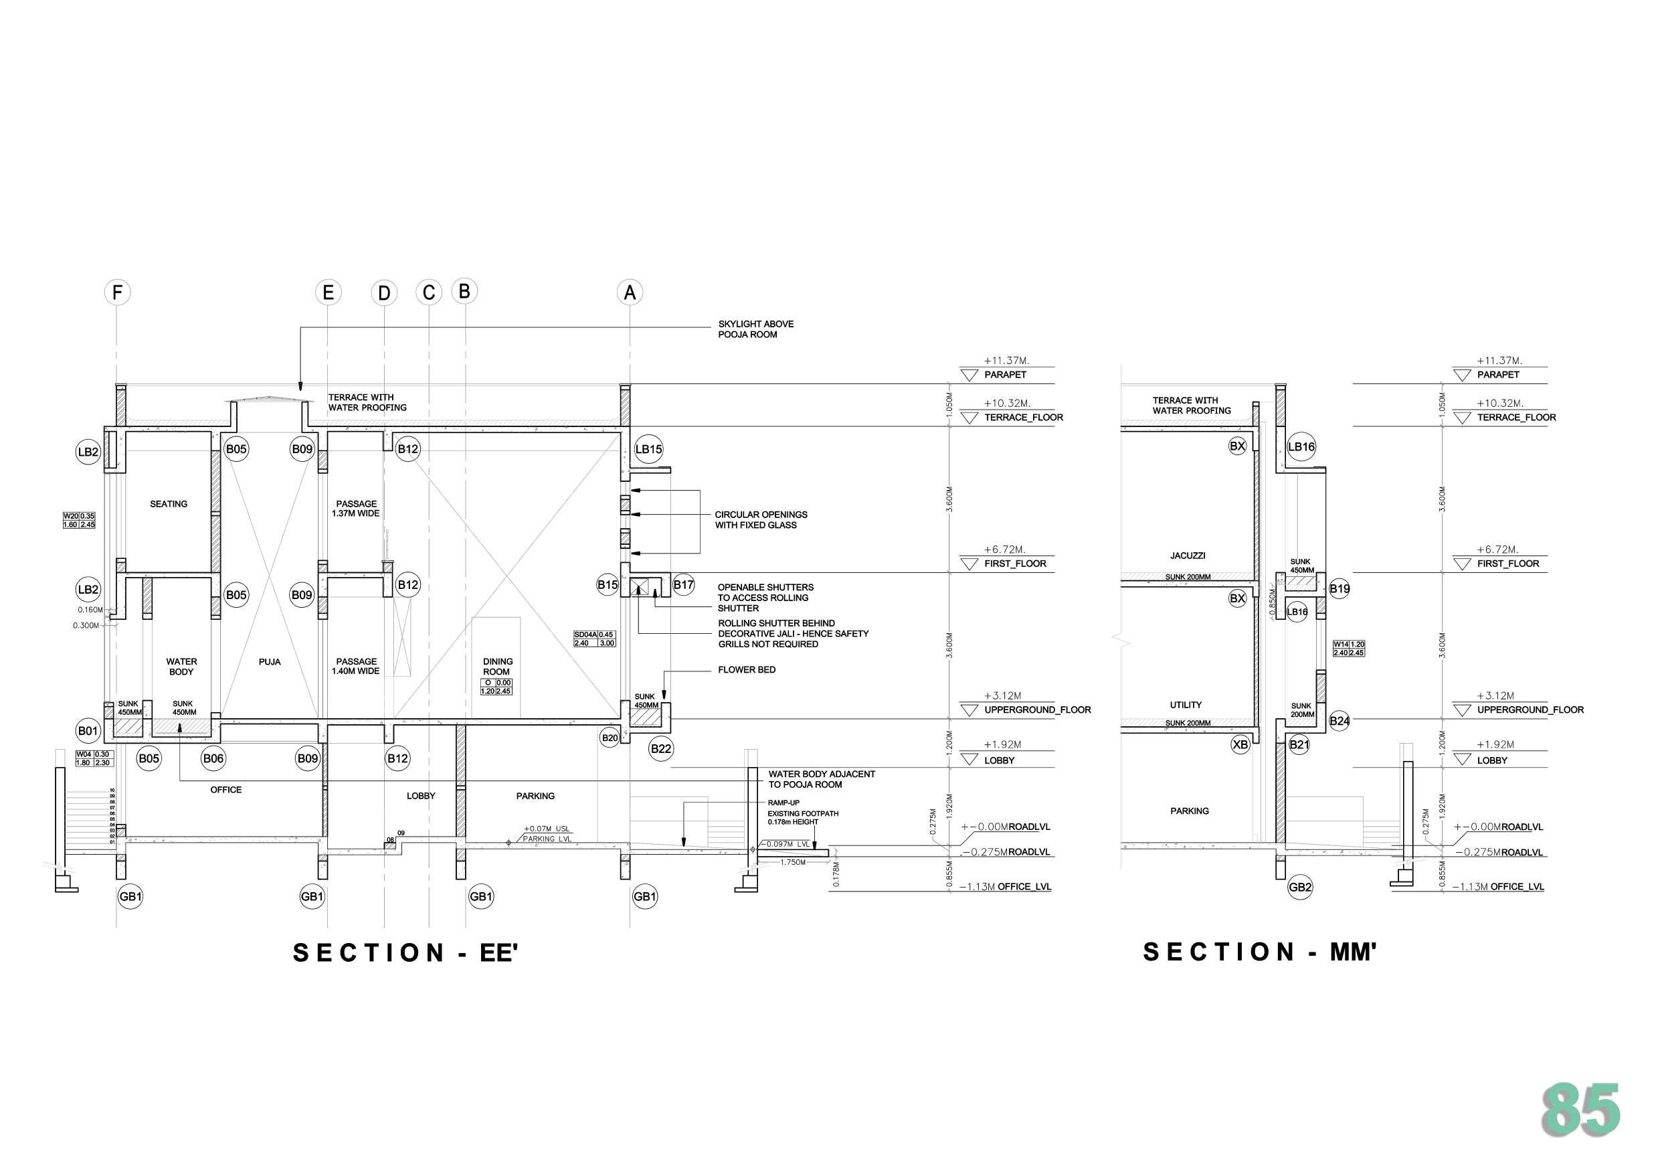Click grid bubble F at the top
[117, 293]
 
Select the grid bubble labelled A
[630, 293]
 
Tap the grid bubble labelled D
[384, 293]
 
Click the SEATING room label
[169, 504]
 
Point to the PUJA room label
[270, 662]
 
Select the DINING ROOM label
[497, 666]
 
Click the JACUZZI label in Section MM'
[1188, 556]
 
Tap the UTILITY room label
[1186, 705]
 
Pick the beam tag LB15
[648, 449]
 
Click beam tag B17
[683, 584]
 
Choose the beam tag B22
[661, 749]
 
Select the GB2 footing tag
[1300, 888]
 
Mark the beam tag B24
[1339, 720]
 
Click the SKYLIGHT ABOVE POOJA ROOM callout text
[755, 329]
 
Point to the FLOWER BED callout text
[746, 670]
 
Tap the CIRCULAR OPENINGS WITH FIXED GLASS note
[761, 519]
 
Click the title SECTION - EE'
[405, 952]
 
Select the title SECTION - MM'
[1259, 952]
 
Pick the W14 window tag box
[1349, 648]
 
